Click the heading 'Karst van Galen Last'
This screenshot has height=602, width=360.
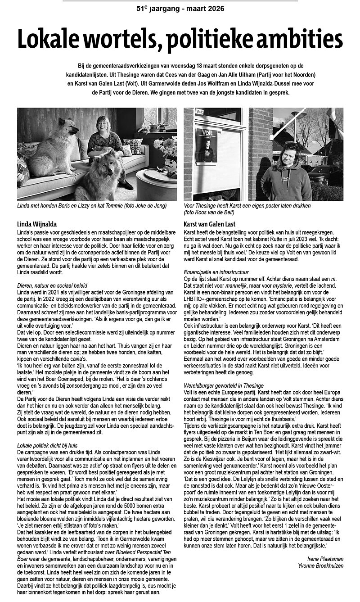(210, 224)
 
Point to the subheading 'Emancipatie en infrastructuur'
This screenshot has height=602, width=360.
(216, 272)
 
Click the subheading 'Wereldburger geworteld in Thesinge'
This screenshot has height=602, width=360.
(224, 385)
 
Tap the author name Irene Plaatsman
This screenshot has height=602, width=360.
(323, 559)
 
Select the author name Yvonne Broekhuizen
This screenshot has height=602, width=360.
(320, 566)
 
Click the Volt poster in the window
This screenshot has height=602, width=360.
(207, 145)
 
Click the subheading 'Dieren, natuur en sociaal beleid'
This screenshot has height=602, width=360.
(52, 285)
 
